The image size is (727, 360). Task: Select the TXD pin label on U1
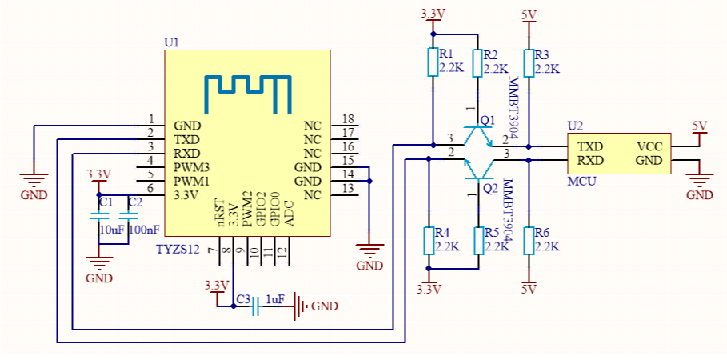tap(186, 139)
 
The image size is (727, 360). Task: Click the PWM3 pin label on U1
tap(191, 167)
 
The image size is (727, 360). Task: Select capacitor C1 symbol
tap(102, 215)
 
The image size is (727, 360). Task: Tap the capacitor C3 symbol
tap(256, 305)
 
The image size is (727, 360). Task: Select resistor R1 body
tap(433, 62)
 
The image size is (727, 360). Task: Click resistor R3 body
tap(529, 62)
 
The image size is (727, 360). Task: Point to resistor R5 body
tap(478, 240)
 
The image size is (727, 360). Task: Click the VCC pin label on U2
tap(649, 147)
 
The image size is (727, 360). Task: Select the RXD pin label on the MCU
tap(590, 161)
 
